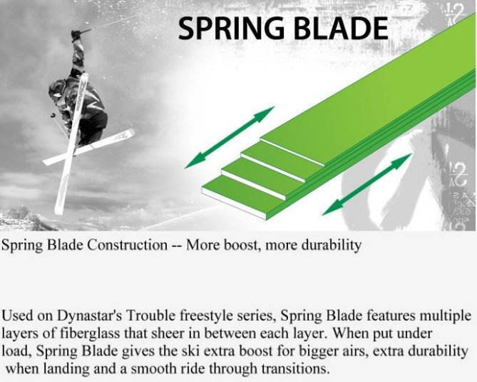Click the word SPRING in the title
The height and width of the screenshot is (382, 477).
coord(231,29)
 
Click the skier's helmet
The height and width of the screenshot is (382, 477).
coord(57,90)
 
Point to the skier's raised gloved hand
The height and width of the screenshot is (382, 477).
coord(76,35)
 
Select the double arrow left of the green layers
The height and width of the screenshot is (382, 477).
coord(230,137)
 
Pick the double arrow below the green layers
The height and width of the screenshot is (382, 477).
coord(367,184)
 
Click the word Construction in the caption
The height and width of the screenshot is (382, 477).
coord(128,245)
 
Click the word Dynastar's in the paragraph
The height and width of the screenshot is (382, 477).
coord(90,316)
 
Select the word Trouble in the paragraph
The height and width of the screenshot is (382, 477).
coord(151,316)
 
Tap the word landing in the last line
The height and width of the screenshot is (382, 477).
coord(66,369)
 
